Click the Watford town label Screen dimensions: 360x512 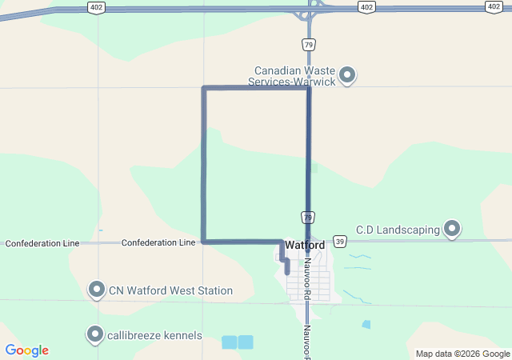point(305,244)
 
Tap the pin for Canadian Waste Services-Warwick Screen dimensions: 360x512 point(347,75)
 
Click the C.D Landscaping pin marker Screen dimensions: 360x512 point(452,230)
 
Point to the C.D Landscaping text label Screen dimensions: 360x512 point(398,230)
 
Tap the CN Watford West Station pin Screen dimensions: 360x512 point(97,290)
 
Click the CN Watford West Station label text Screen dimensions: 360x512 point(170,290)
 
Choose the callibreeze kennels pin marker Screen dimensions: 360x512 point(95,334)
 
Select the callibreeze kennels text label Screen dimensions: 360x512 point(155,335)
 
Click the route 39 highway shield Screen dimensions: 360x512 point(340,241)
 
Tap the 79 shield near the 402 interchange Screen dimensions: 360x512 point(308,44)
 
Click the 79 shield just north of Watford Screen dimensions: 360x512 point(307,217)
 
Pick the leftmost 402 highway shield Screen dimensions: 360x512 point(95,7)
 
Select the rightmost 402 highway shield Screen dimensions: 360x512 point(494,6)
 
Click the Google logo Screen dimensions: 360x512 point(27,350)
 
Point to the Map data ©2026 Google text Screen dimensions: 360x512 point(462,354)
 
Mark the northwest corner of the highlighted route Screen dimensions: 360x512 point(204,88)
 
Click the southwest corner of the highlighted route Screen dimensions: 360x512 point(204,240)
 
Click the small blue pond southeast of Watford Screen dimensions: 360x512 point(366,325)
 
